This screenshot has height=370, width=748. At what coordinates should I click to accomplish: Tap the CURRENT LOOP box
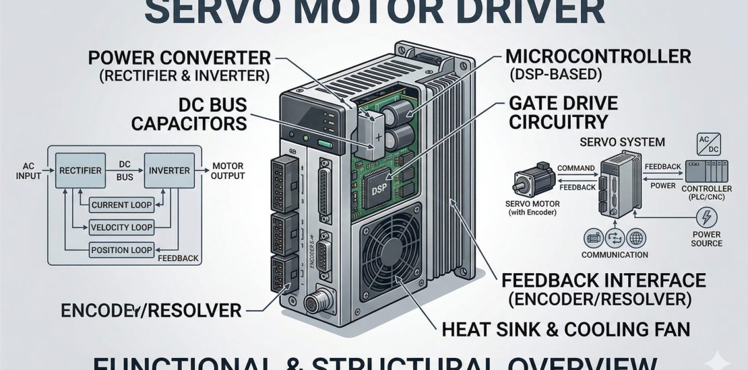[122, 205]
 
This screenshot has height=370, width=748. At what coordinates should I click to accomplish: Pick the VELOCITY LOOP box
[122, 227]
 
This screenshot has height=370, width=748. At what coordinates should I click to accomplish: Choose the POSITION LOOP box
[122, 250]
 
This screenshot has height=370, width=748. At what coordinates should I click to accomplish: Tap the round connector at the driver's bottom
[313, 303]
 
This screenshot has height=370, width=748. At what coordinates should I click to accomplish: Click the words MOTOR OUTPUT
[227, 171]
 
